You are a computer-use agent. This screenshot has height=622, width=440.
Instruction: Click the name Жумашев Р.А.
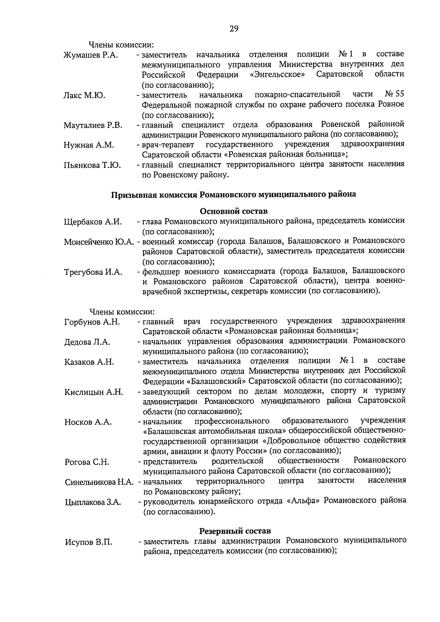point(90,56)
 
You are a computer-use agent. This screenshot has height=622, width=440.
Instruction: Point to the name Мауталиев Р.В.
point(93,126)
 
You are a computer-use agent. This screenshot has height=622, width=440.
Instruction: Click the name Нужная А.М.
point(88,146)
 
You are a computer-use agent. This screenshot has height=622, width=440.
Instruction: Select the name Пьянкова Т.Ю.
point(92,166)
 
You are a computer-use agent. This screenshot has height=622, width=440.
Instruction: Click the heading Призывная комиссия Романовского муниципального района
point(234,195)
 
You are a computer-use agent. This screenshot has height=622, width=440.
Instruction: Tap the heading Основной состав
point(234,211)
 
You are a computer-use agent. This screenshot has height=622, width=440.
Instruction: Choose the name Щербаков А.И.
point(93,222)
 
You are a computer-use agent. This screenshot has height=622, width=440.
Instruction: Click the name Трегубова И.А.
point(93,272)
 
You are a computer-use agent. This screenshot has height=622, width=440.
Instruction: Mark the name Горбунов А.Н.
point(92,322)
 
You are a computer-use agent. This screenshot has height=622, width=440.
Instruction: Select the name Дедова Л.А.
point(87,342)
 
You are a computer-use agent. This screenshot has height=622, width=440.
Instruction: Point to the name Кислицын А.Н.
point(93,392)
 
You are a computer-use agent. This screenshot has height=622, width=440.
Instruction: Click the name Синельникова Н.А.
point(99,482)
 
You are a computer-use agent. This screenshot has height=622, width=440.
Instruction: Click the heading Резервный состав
point(235,531)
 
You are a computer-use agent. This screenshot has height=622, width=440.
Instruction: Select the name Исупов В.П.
point(88,542)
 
